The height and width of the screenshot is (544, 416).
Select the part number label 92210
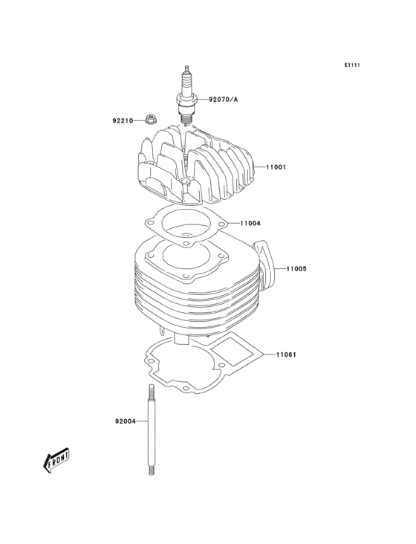pyautogui.click(x=123, y=120)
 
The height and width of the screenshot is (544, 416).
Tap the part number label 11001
pyautogui.click(x=277, y=167)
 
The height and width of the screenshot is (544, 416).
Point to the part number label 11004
pyautogui.click(x=250, y=223)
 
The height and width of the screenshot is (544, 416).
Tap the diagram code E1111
pyautogui.click(x=352, y=65)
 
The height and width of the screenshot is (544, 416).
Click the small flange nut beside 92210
pyautogui.click(x=152, y=119)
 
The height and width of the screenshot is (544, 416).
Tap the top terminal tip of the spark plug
pyautogui.click(x=187, y=69)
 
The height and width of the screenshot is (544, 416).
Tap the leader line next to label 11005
pyautogui.click(x=280, y=268)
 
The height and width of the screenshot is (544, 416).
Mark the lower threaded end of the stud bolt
pyautogui.click(x=150, y=468)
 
